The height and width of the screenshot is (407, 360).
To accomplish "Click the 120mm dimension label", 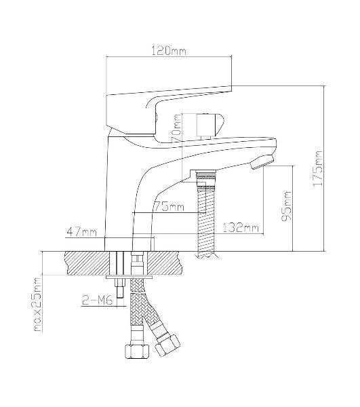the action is click(x=169, y=51).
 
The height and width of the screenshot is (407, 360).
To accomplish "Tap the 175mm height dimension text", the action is click(x=317, y=168).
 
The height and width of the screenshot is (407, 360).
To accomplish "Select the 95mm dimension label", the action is click(x=287, y=206).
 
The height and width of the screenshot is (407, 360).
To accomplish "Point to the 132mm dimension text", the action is click(x=241, y=228).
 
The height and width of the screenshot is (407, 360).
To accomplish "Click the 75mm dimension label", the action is click(x=169, y=207).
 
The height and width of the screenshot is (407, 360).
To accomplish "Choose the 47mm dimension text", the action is click(x=82, y=232).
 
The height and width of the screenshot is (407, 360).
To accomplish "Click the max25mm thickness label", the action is click(x=38, y=305).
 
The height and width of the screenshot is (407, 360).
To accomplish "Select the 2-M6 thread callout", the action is click(x=97, y=301).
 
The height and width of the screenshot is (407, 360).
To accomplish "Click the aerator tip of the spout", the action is click(x=262, y=162).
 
